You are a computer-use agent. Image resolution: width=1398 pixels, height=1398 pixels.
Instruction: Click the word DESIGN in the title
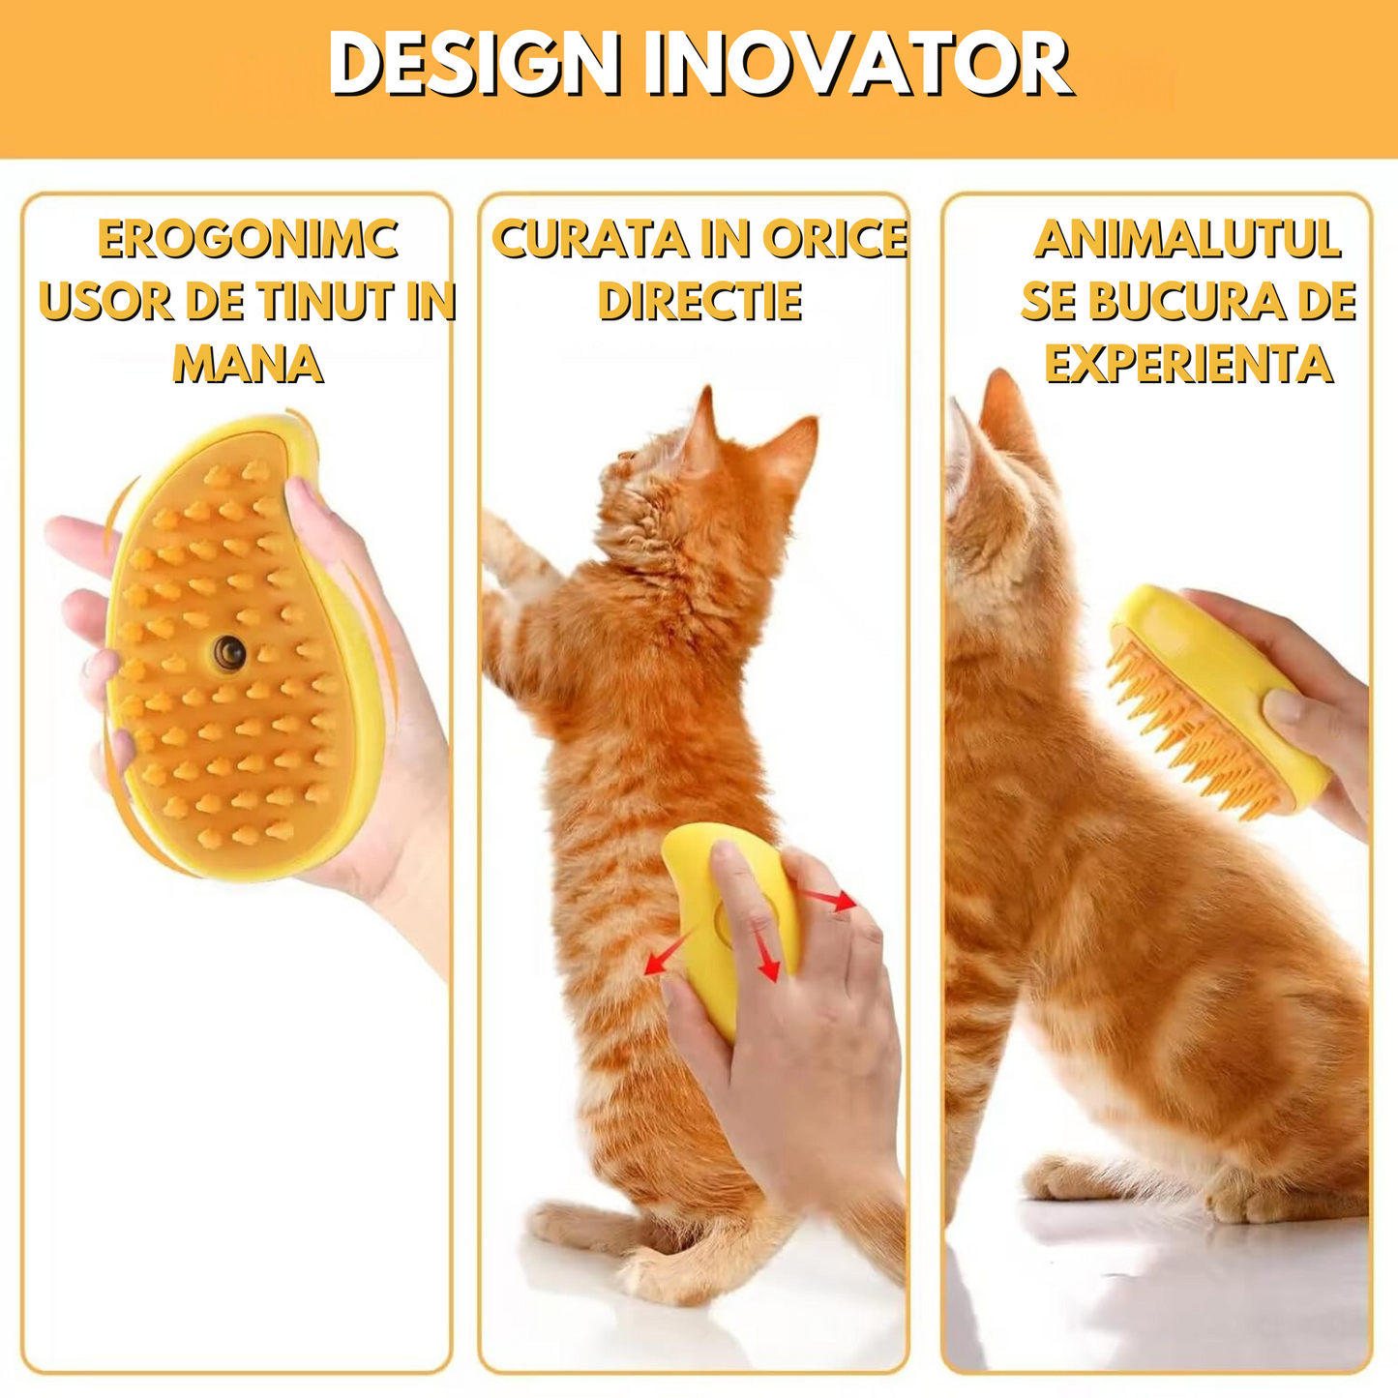point(474,64)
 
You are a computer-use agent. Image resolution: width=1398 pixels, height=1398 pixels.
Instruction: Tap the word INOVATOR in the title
point(856,64)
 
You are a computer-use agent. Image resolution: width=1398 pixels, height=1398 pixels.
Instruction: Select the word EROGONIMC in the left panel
point(248,239)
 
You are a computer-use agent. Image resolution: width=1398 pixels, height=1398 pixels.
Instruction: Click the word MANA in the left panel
point(248,364)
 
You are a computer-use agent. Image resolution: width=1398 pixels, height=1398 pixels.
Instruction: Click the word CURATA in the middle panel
point(590,239)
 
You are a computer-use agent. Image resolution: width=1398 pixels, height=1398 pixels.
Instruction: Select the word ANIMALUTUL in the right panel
point(1187,239)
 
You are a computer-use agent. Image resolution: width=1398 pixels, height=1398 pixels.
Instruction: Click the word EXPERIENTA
point(1189,364)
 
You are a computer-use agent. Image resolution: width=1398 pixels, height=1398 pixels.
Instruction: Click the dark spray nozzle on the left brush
point(230,653)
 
